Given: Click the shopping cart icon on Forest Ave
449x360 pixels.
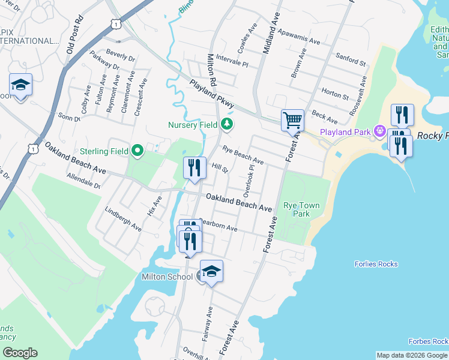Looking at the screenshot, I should pos(292,119).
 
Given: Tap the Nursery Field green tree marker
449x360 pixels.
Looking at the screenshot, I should pos(226,125).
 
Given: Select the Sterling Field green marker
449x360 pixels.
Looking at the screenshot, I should pos(137,151).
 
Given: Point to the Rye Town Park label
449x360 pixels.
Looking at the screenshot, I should pos(301,209).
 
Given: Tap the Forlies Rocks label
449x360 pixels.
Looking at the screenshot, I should pos(376,264).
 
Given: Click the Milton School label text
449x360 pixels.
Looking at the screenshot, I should pos(167,277).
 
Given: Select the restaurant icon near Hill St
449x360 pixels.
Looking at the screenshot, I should pos(194,169).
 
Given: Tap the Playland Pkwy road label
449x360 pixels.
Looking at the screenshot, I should pos(211,93).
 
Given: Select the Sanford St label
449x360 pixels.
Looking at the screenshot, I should pos(351,59).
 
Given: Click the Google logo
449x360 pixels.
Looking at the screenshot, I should pos(19,353).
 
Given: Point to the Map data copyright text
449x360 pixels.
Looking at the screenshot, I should pos(412,355).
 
